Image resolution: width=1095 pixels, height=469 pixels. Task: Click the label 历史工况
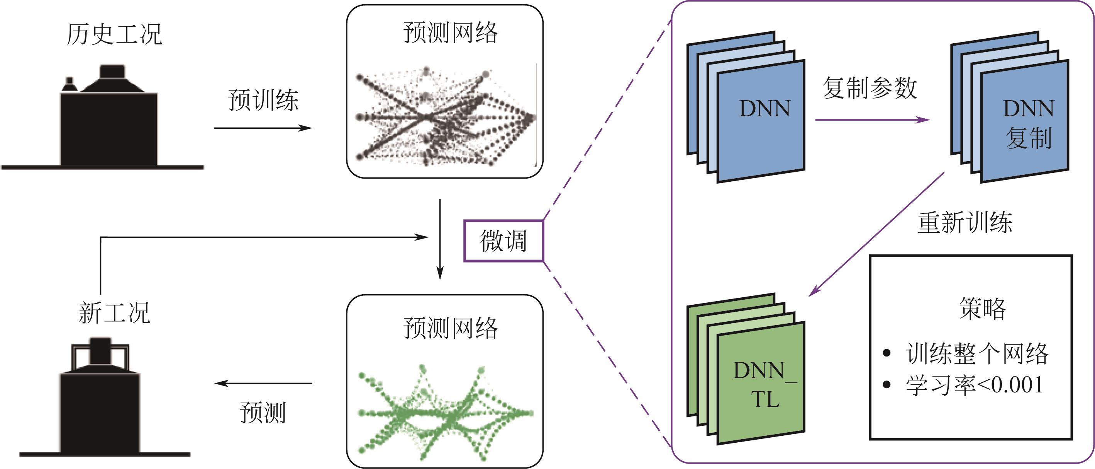pyautogui.click(x=114, y=34)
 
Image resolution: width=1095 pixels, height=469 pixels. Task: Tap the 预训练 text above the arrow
pyautogui.click(x=263, y=101)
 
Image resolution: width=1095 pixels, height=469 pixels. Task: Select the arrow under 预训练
pyautogui.click(x=263, y=128)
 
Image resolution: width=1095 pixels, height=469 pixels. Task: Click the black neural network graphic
pyautogui.click(x=444, y=117)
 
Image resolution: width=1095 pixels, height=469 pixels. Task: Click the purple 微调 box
pyautogui.click(x=503, y=241)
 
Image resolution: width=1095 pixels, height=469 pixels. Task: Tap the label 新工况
pyautogui.click(x=114, y=313)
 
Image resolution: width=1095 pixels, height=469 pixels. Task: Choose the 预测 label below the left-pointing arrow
pyautogui.click(x=263, y=412)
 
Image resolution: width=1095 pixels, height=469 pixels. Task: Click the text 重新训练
pyautogui.click(x=964, y=223)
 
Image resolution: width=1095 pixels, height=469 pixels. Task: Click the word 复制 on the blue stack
pyautogui.click(x=1029, y=138)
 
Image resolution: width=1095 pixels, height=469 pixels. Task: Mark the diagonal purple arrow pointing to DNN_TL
pyautogui.click(x=876, y=234)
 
